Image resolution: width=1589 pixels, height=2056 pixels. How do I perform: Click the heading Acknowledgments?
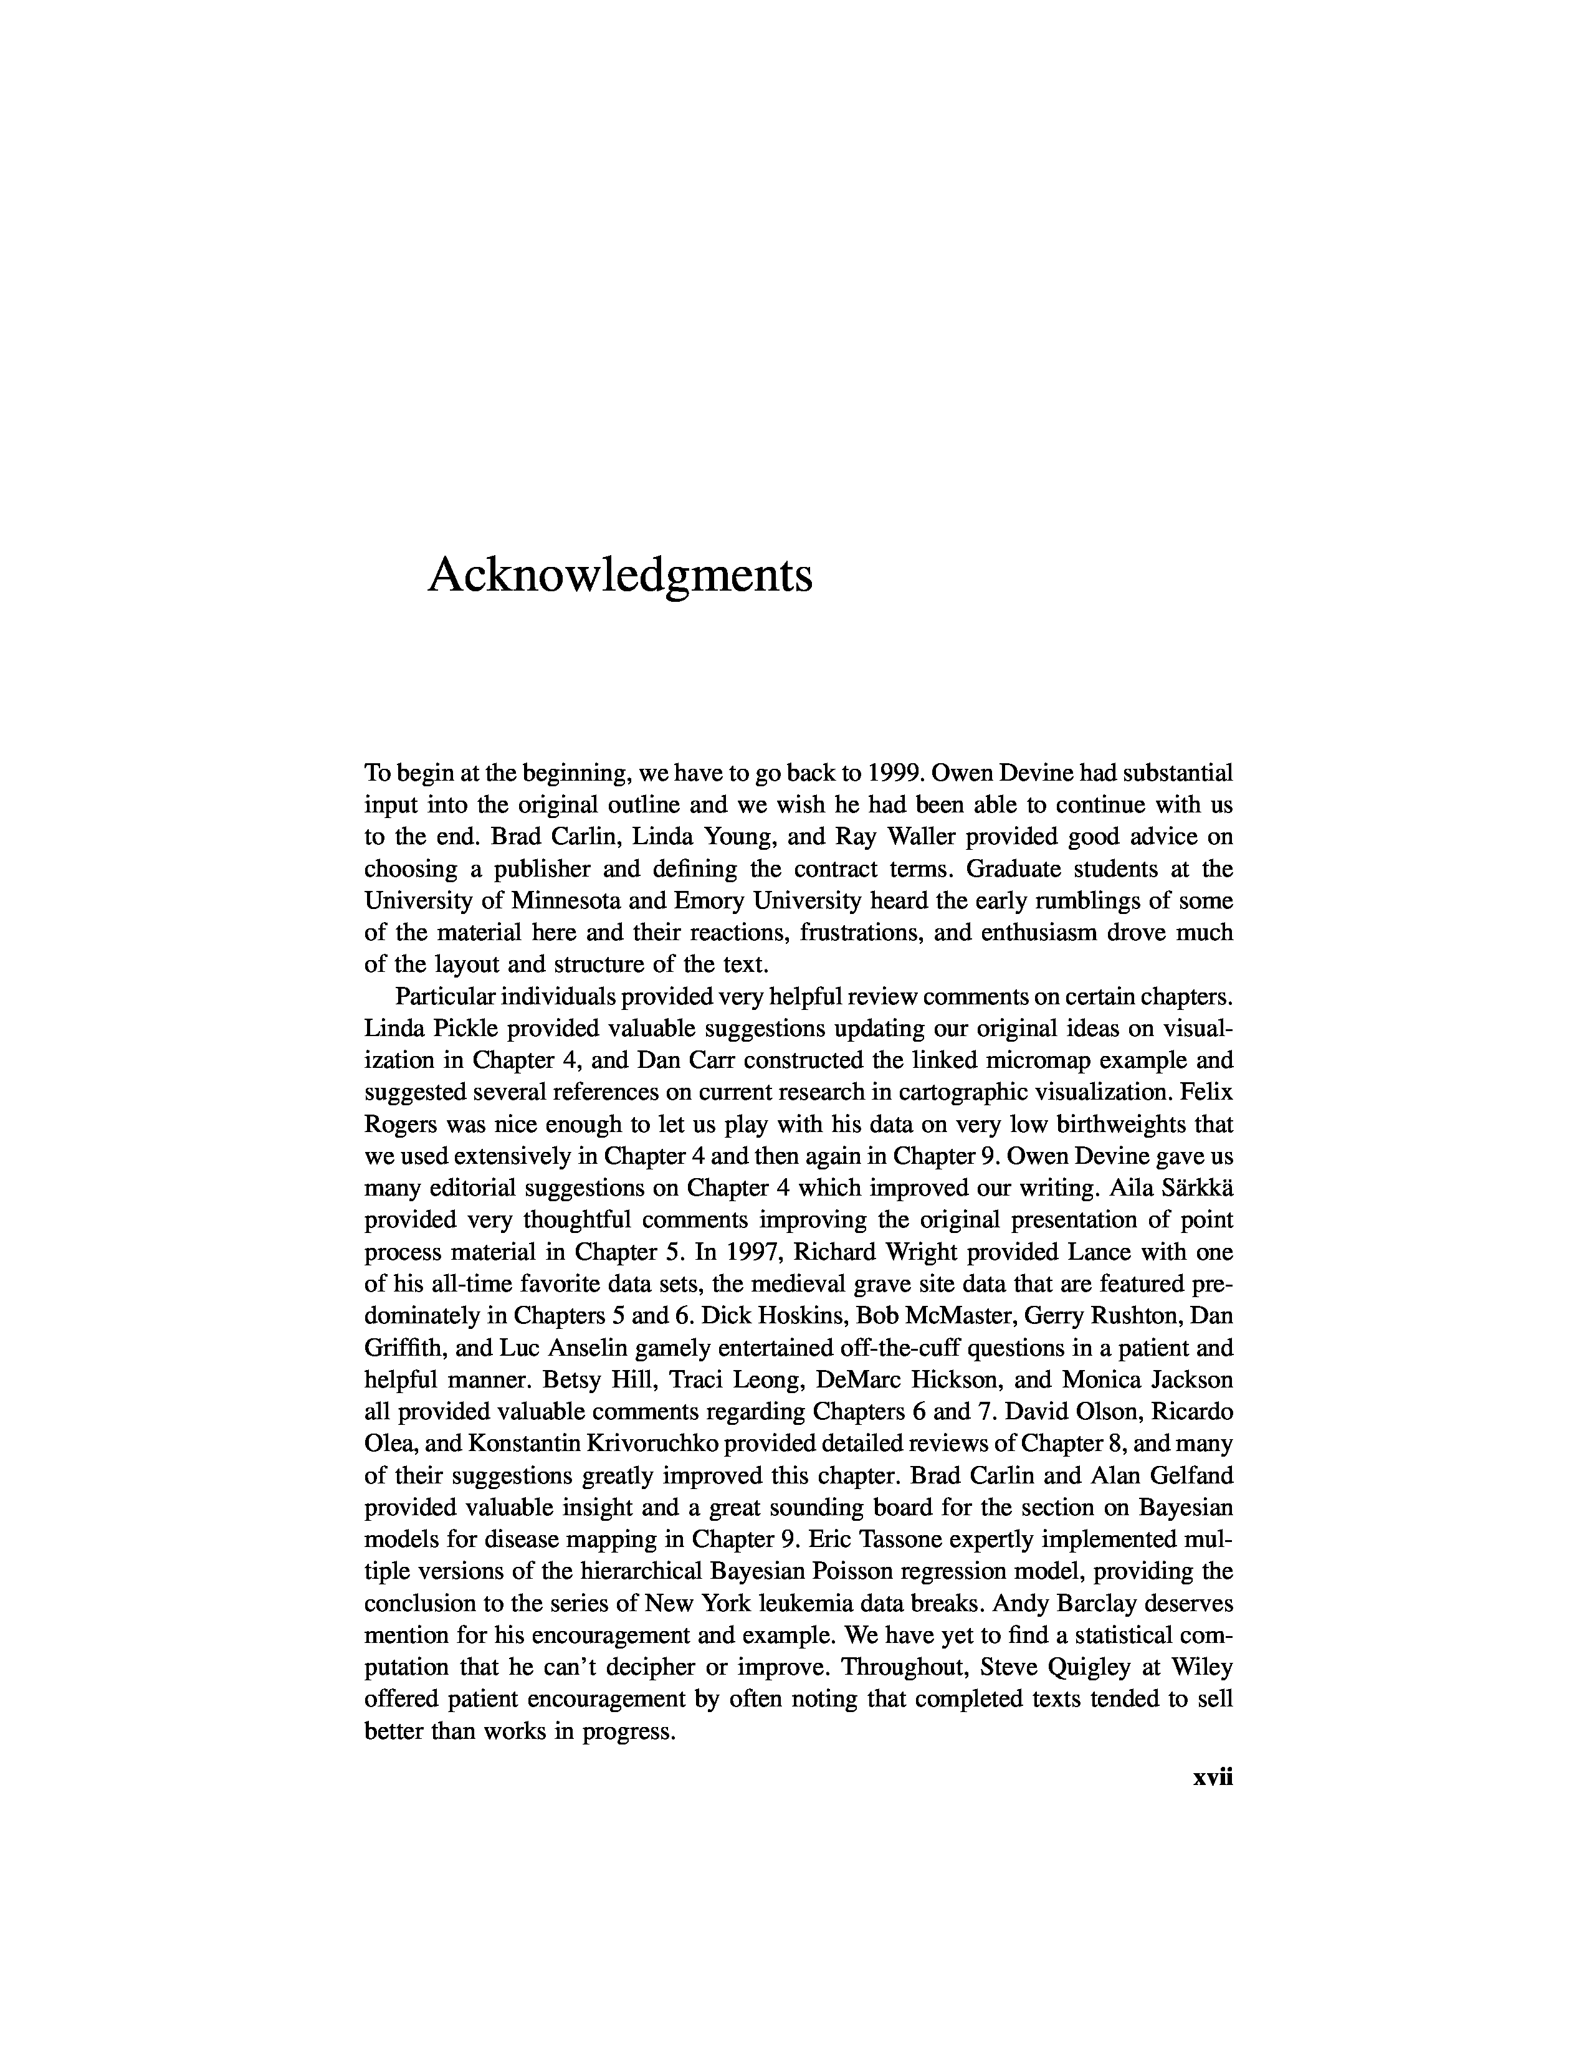click(619, 575)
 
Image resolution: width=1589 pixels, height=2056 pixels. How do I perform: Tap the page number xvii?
click(1213, 1778)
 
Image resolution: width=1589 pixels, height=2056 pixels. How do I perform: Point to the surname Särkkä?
click(1194, 1189)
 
